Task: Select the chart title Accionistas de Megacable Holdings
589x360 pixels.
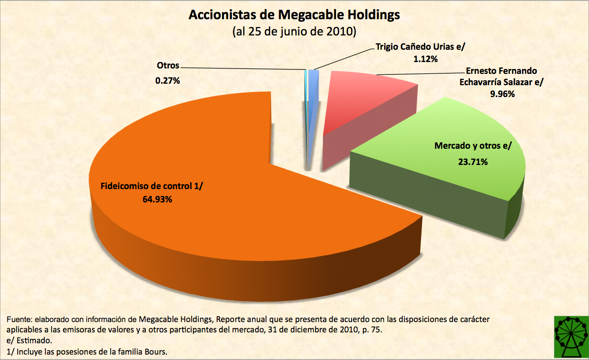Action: (294, 15)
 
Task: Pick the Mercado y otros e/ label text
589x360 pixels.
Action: (473, 146)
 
